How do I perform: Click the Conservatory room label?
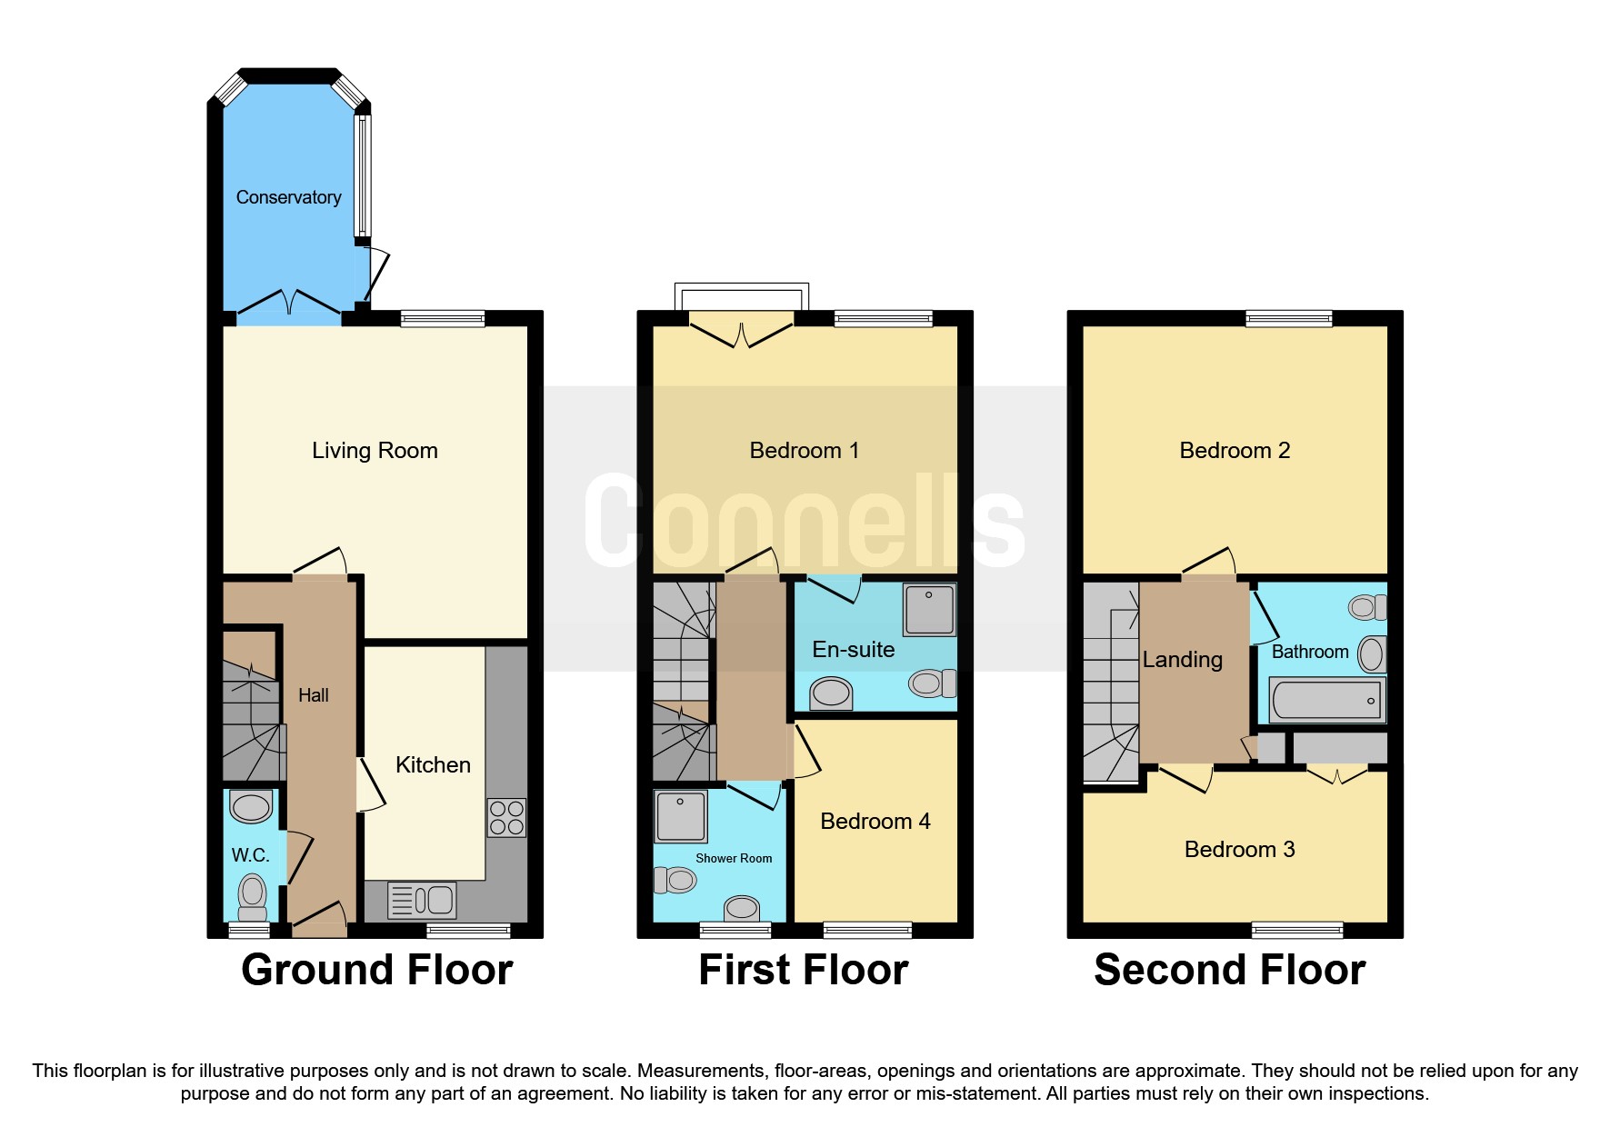click(288, 197)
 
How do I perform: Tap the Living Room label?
click(375, 450)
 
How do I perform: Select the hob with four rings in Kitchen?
click(506, 817)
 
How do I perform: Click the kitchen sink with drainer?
click(422, 900)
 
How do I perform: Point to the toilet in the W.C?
click(252, 894)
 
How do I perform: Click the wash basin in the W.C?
click(251, 806)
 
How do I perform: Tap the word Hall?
click(313, 695)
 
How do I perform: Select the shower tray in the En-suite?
click(929, 609)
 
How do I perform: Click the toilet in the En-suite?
click(932, 682)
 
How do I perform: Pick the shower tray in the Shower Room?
click(680, 815)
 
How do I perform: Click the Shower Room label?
click(734, 858)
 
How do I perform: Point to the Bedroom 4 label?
click(875, 821)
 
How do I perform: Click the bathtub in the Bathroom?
click(1327, 700)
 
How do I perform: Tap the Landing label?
click(1182, 660)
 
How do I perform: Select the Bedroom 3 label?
click(1239, 849)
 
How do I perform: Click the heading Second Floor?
click(1229, 970)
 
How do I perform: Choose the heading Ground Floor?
click(376, 970)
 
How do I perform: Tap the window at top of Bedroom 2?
click(1288, 318)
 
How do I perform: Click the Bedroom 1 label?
click(804, 450)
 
